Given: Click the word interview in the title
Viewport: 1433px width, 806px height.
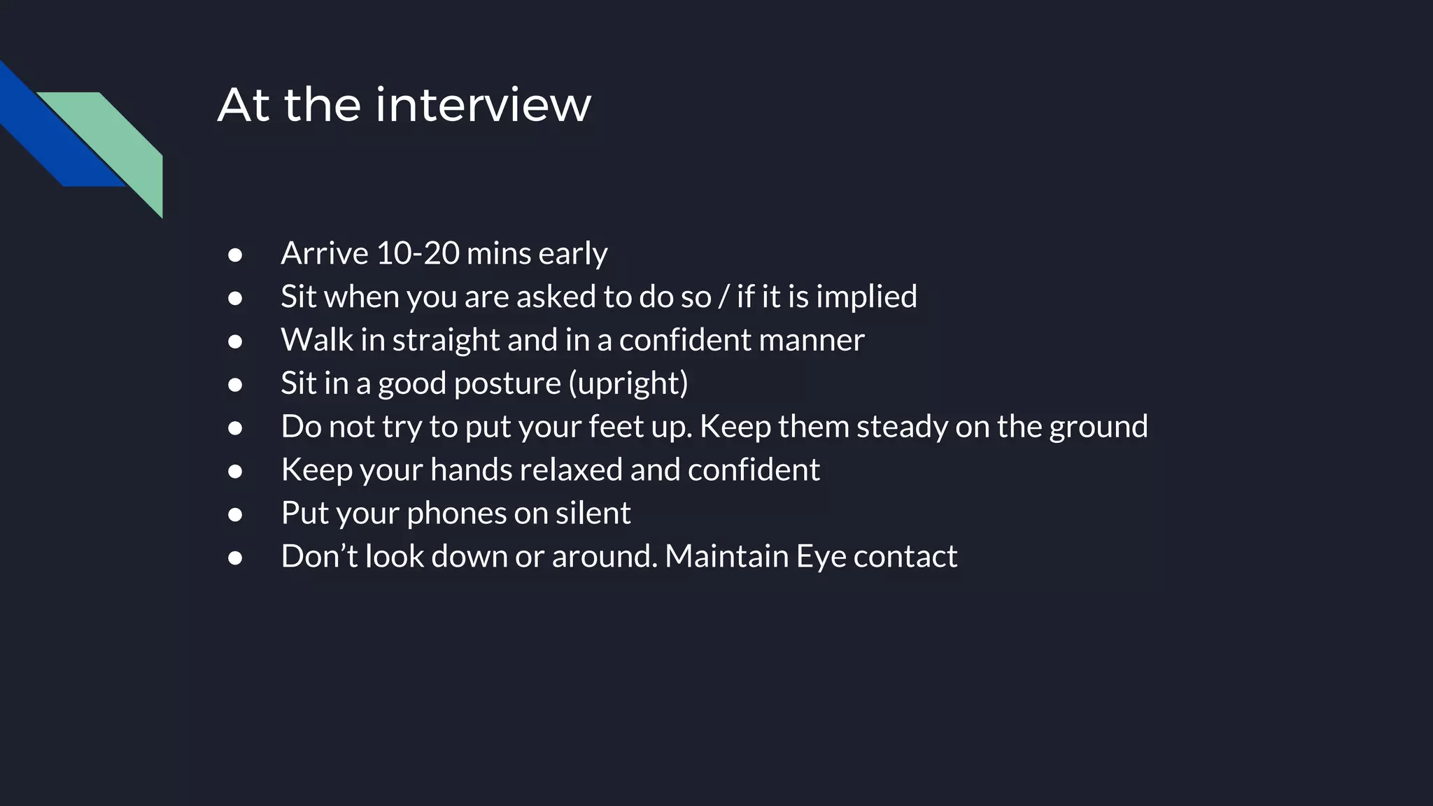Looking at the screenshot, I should (483, 105).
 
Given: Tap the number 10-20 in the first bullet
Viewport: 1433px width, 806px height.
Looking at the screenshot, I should (417, 253).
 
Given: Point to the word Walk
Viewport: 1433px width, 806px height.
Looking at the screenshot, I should (317, 340).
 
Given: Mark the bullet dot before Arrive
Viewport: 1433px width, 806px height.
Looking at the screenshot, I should (235, 255).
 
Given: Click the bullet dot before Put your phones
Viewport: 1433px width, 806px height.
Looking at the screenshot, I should (235, 515).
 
